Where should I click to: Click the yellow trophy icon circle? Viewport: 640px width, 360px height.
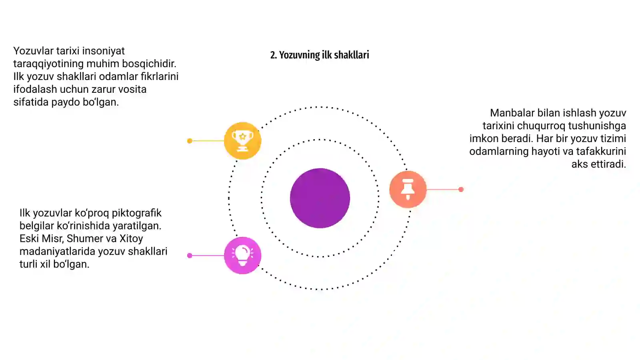click(242, 140)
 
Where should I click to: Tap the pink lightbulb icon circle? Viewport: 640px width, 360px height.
click(242, 256)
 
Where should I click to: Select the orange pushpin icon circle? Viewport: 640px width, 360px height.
click(408, 189)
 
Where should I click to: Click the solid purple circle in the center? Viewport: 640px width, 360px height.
click(320, 198)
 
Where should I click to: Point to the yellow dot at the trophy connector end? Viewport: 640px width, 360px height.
click(190, 141)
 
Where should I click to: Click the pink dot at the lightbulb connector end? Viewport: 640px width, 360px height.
click(190, 256)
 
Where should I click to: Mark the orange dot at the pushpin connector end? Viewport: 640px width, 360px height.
click(461, 189)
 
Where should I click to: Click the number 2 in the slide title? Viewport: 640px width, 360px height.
click(274, 55)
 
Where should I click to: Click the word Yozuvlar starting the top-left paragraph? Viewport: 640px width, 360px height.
click(34, 51)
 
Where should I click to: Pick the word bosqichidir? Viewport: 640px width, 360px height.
click(149, 64)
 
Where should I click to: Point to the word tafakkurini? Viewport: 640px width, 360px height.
click(601, 151)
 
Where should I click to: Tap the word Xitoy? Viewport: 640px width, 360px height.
click(131, 238)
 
